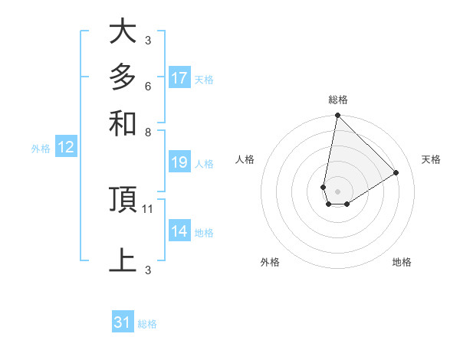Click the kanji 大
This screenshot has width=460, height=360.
(x=123, y=32)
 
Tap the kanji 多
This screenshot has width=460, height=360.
(x=123, y=77)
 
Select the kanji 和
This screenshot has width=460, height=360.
(x=123, y=123)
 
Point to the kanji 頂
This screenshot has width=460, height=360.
(x=123, y=200)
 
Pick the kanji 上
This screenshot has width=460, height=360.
(x=123, y=260)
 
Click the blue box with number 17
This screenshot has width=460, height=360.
(x=179, y=78)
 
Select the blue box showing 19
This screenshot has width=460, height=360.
(x=179, y=162)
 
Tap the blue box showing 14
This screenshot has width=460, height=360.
(x=179, y=231)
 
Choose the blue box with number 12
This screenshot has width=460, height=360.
(x=66, y=148)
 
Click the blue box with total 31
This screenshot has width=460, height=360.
(x=123, y=322)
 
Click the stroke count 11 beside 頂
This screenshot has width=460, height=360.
(x=149, y=208)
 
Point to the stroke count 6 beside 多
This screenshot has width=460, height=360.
(x=148, y=86)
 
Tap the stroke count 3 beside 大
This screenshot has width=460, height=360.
(x=148, y=40)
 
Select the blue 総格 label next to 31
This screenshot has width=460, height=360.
(x=147, y=324)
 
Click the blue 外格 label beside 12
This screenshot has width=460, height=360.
(x=41, y=149)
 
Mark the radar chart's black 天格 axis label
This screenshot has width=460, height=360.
(x=431, y=159)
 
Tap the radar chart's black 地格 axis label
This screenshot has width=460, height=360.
(x=402, y=262)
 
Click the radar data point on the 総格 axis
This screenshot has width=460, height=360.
(x=337, y=116)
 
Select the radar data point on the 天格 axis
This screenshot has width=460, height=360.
(x=396, y=172)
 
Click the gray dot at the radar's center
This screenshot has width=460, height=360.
(x=337, y=191)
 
